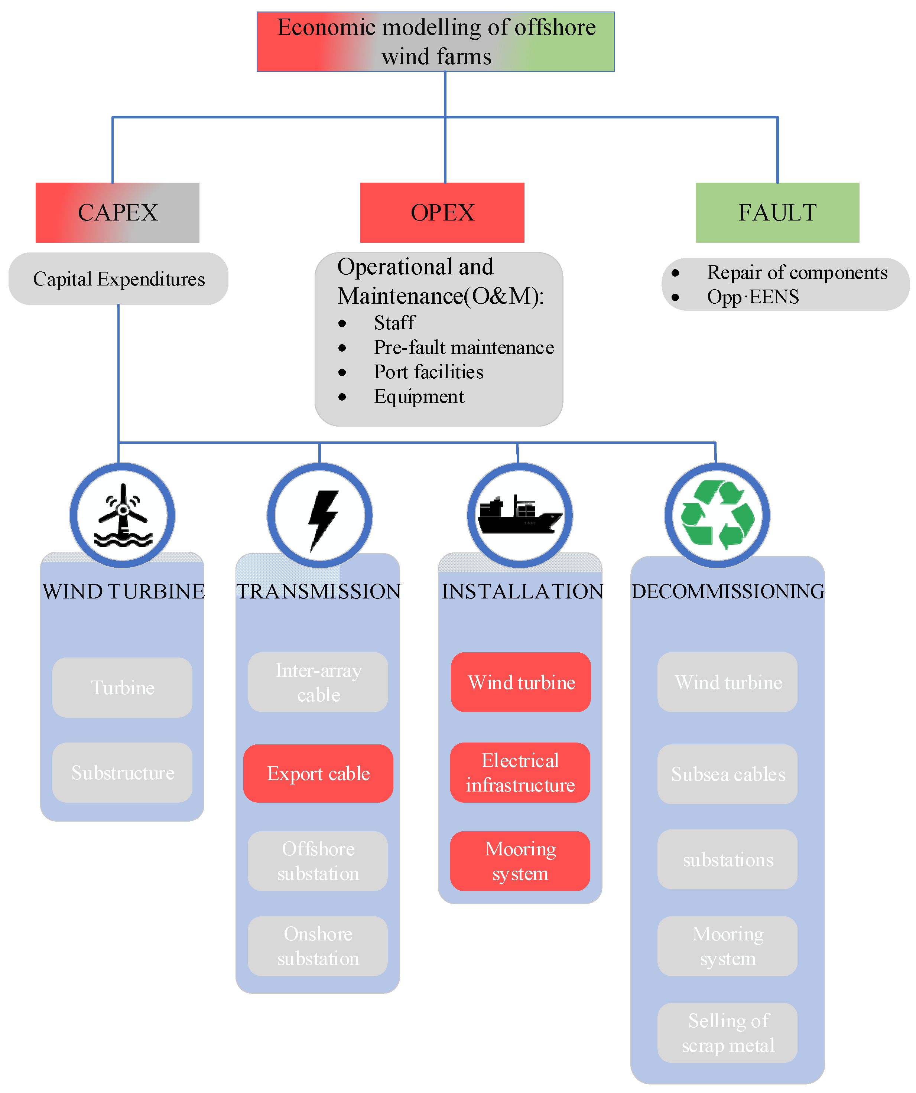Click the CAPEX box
(117, 212)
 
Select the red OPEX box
(442, 212)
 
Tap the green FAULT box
(777, 212)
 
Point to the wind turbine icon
(123, 515)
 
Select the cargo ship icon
(520, 515)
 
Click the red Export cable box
(318, 773)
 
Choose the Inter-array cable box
(318, 682)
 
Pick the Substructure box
(123, 772)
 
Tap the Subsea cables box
(728, 774)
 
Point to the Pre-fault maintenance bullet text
(464, 347)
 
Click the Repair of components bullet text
(797, 272)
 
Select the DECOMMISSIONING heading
(728, 591)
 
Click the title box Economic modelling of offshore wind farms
(436, 42)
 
